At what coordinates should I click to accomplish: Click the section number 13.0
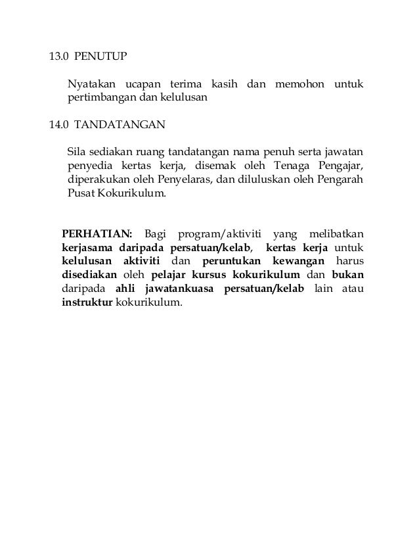pos(60,57)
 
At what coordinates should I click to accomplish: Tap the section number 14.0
pos(60,122)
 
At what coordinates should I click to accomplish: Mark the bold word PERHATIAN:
pos(97,233)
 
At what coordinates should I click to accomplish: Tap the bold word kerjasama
pos(87,248)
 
